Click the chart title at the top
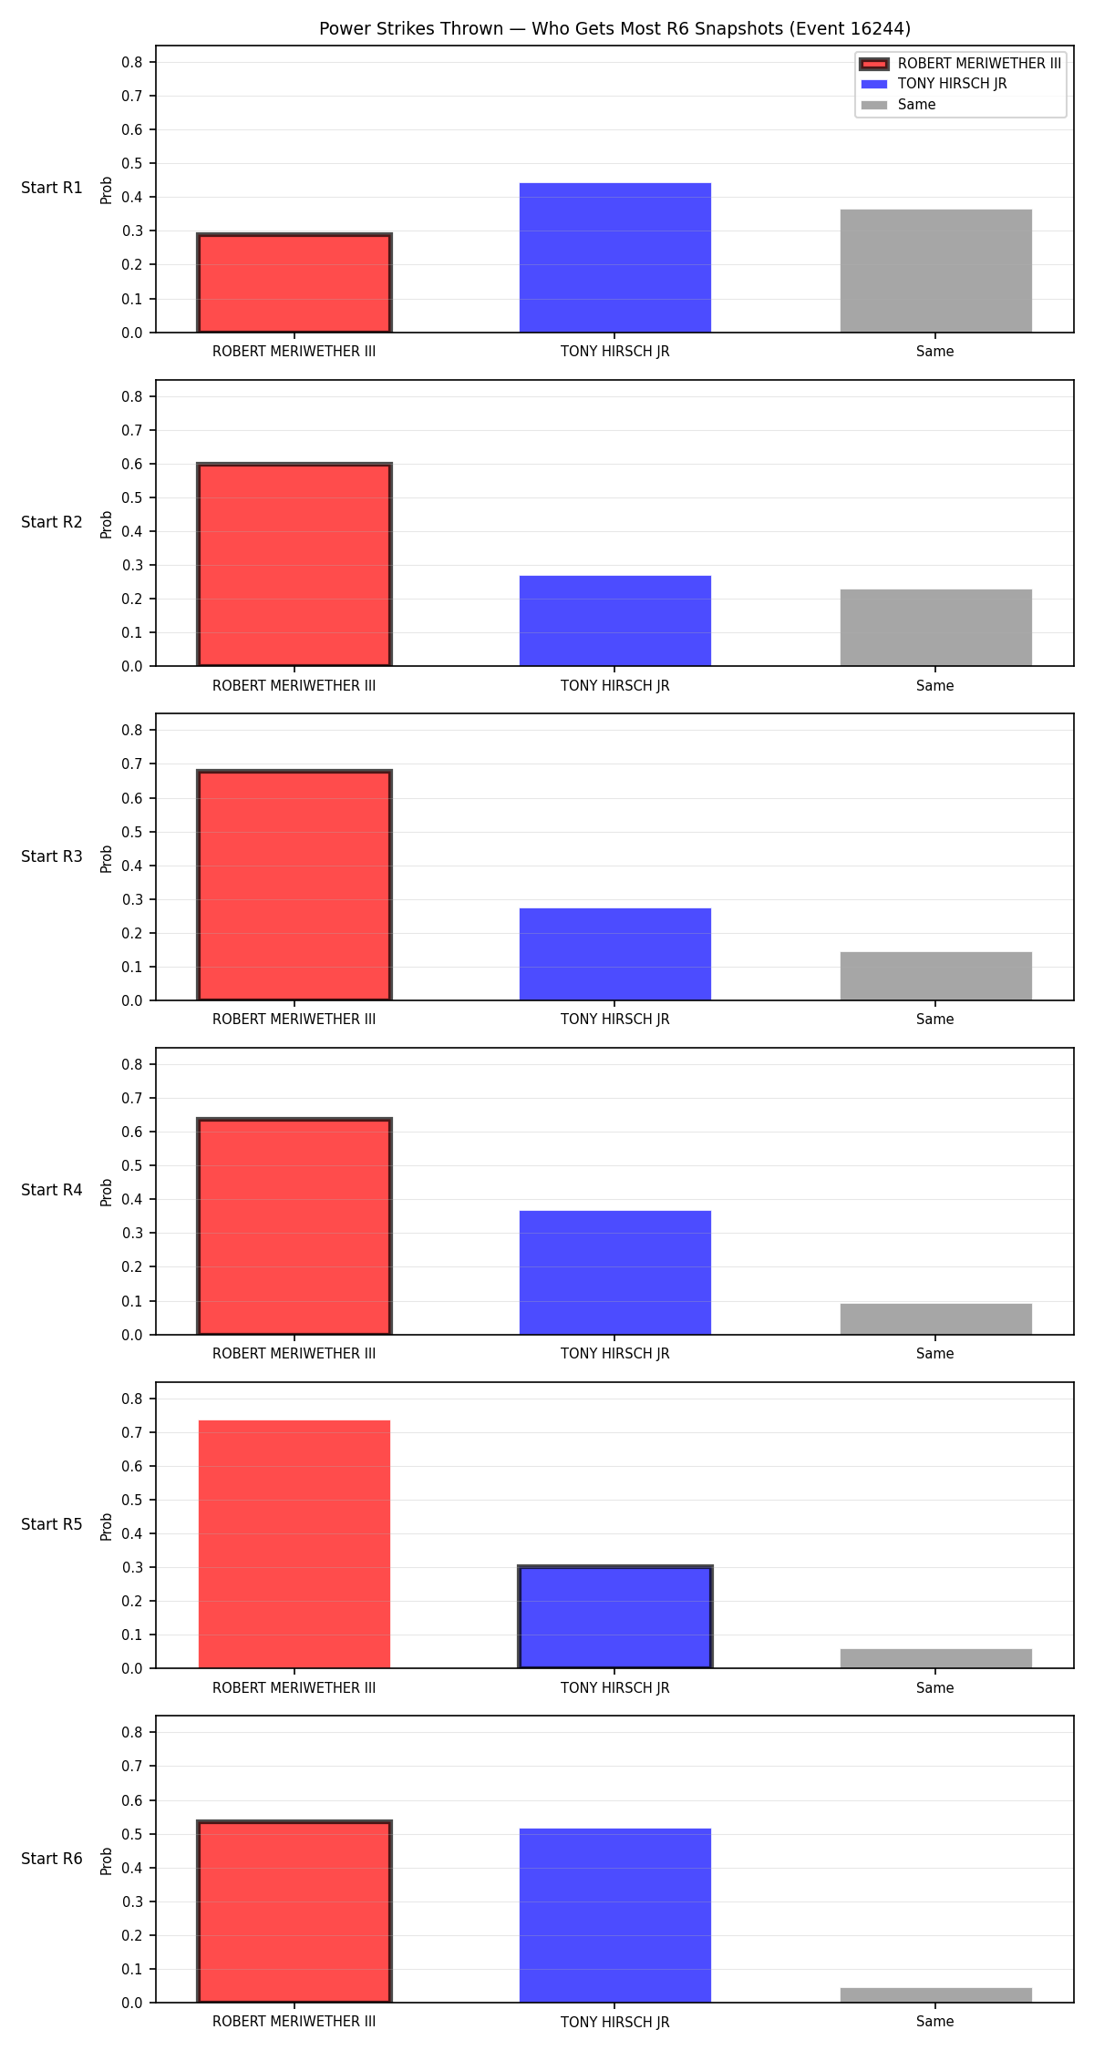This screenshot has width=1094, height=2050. pyautogui.click(x=614, y=28)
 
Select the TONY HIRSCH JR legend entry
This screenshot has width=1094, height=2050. pyautogui.click(x=934, y=84)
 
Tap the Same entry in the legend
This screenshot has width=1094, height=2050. pyautogui.click(x=898, y=105)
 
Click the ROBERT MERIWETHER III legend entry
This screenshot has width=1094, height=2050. pyautogui.click(x=961, y=64)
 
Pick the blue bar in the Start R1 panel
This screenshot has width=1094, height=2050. pyautogui.click(x=615, y=258)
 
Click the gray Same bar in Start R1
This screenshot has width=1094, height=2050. pyautogui.click(x=936, y=271)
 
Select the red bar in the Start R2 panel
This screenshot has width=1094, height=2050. pyautogui.click(x=294, y=565)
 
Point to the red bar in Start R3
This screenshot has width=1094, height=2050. pyautogui.click(x=294, y=886)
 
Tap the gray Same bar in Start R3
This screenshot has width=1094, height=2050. pyautogui.click(x=936, y=976)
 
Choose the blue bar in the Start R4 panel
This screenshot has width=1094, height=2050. pyautogui.click(x=615, y=1273)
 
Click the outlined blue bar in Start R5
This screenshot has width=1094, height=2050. pyautogui.click(x=615, y=1617)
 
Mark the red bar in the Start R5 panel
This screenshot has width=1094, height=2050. pyautogui.click(x=294, y=1544)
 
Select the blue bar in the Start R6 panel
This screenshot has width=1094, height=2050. pyautogui.click(x=615, y=1915)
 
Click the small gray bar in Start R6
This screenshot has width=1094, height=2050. pyautogui.click(x=936, y=1995)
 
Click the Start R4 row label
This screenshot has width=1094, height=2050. pyautogui.click(x=52, y=1190)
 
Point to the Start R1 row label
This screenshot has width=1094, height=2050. pyautogui.click(x=52, y=188)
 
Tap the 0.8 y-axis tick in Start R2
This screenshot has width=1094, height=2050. pyautogui.click(x=132, y=396)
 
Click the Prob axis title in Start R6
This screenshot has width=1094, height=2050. pyautogui.click(x=107, y=1860)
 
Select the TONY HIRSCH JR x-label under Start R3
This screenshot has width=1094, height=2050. pyautogui.click(x=615, y=1020)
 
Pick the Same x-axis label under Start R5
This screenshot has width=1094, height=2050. pyautogui.click(x=935, y=1688)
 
